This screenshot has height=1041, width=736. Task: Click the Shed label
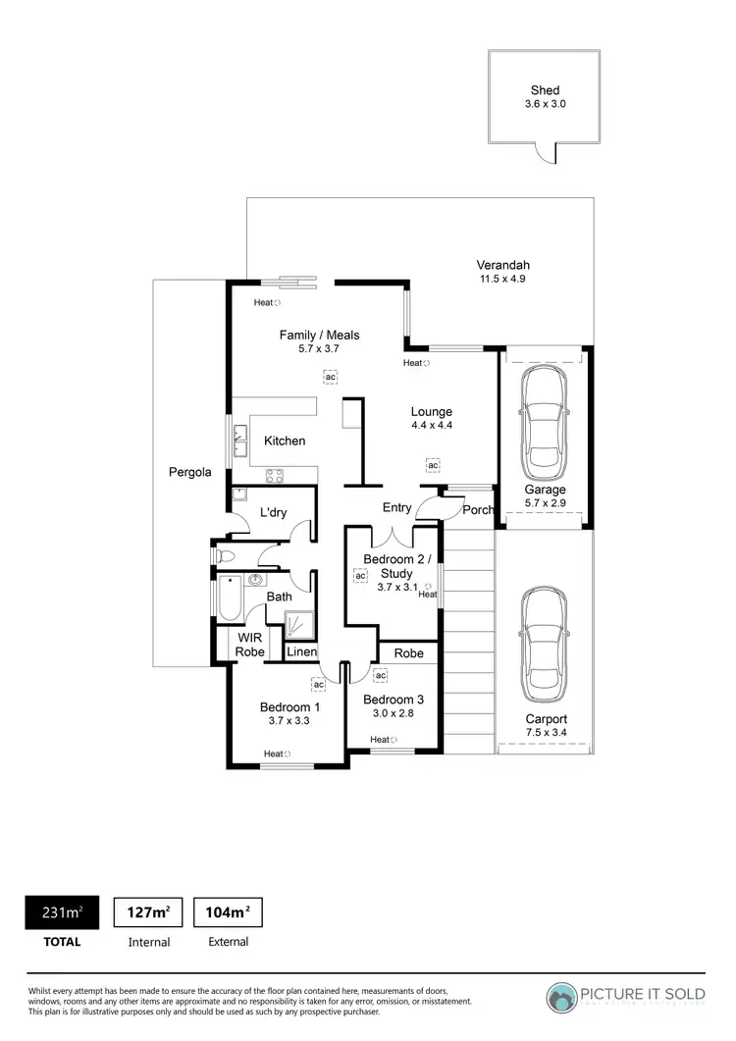point(545,90)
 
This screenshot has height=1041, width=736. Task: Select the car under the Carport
point(543,644)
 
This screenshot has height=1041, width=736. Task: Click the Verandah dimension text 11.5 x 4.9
point(502,280)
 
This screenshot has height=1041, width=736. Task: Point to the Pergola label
point(190,472)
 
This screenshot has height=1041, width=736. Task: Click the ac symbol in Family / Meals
point(331,377)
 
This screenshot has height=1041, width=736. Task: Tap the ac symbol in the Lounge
point(432,465)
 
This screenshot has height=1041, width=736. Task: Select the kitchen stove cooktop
point(275,476)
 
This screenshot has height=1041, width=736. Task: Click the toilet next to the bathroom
point(224,556)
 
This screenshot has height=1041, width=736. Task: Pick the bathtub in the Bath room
point(230,599)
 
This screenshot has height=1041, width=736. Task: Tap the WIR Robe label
point(249,645)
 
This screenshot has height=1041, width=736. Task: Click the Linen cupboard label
point(301,651)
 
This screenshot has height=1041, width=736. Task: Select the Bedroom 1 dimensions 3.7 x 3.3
point(289,721)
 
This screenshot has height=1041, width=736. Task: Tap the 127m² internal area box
point(148,912)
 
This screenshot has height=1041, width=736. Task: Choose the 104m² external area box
point(228,912)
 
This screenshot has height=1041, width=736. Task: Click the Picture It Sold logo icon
point(563,997)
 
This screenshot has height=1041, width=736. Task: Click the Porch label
point(478,509)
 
